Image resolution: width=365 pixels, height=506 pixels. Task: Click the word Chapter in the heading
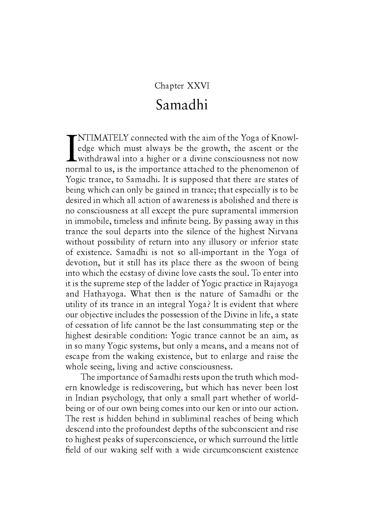point(169,86)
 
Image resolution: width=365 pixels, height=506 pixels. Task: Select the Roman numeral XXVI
point(198,86)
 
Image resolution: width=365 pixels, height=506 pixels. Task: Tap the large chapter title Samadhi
point(182,105)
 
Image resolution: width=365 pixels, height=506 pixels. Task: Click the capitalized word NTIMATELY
point(103,138)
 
